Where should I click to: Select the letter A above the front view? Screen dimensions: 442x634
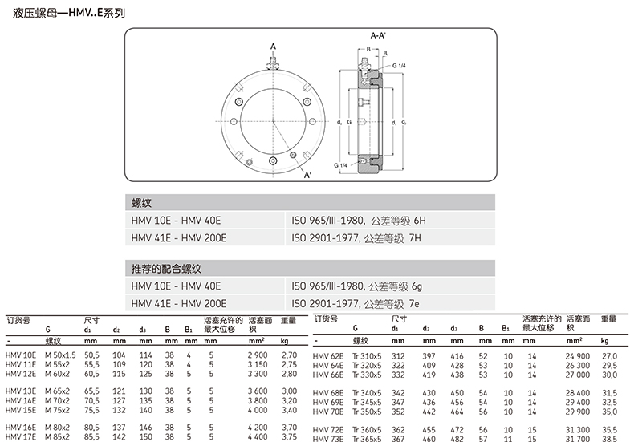pos(273,47)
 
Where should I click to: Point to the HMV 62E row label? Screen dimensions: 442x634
pos(327,355)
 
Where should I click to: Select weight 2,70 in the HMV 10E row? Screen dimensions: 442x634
pos(291,355)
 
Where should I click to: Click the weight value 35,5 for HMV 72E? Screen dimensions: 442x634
pos(611,430)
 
